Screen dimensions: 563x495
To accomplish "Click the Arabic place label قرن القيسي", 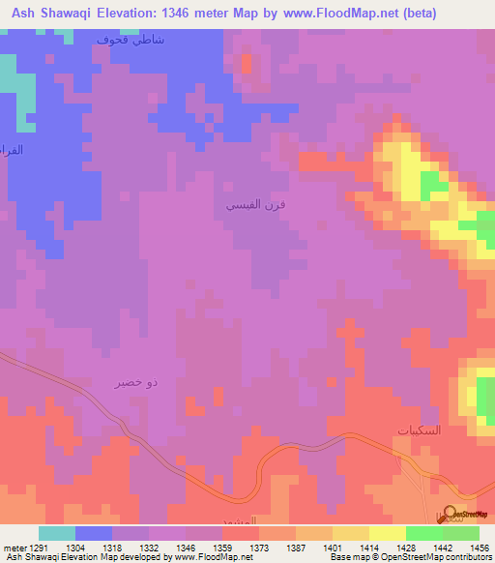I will click(255, 206).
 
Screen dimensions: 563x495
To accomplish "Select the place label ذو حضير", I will click(137, 383).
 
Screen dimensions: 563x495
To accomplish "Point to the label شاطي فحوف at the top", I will click(131, 40).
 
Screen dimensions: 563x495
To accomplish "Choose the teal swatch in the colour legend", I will click(57, 533).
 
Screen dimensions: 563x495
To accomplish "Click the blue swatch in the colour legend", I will click(93, 533).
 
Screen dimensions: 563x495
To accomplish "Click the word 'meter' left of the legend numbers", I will click(14, 547).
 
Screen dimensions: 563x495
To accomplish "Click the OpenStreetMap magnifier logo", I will click(447, 516).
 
